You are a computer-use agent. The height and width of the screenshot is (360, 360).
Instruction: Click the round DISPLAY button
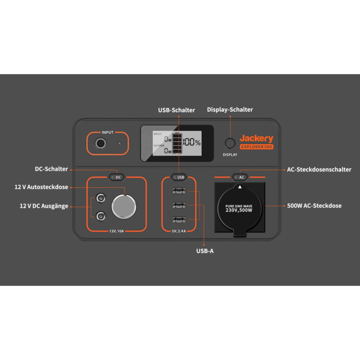coord(230,143)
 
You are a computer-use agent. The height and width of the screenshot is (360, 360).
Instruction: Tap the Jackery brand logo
coord(256,138)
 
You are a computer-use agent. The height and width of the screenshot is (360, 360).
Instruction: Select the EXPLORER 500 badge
coord(256,147)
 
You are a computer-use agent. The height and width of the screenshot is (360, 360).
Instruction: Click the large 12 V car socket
coord(124,207)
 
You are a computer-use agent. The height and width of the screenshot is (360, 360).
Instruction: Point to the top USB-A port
coord(179,191)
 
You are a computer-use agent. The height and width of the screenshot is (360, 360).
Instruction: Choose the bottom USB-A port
coord(179,220)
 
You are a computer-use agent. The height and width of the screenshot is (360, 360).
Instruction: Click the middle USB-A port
coord(179,205)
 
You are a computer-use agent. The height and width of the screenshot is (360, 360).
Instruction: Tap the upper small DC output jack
coord(100,198)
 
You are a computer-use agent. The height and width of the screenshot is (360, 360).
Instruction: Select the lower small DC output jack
coord(100,216)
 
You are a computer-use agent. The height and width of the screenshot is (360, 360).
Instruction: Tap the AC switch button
coord(240,177)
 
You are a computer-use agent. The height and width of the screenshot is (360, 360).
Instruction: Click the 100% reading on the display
coord(192,142)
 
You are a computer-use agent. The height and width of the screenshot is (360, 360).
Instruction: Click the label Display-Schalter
coord(230,110)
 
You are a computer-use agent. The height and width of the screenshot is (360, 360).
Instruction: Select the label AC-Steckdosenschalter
coord(319,170)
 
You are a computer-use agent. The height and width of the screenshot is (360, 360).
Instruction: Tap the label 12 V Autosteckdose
coord(41,187)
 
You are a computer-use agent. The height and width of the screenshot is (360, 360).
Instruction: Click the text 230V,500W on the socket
coord(239,210)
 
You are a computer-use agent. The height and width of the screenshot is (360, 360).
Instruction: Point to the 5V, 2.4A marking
coord(179,231)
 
